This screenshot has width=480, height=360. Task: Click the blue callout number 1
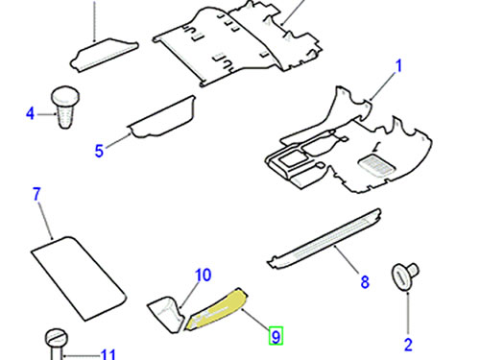398,67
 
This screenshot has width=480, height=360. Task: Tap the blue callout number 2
408,345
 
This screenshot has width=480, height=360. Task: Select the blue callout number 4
30,113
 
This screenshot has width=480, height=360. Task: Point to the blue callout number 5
99,151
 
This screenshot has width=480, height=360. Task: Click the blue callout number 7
37,194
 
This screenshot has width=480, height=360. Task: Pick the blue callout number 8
365,282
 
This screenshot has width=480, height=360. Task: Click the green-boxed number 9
276,336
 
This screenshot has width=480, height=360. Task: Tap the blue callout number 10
204,276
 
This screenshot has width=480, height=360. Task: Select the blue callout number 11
108,354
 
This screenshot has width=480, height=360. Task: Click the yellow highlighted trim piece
218,309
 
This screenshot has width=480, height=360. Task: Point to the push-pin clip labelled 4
65,108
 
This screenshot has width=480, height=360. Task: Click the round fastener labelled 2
405,276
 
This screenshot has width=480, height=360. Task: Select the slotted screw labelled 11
57,344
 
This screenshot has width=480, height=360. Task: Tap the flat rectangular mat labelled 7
79,278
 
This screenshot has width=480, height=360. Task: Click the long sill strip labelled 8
324,239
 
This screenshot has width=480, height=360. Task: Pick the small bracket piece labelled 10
166,315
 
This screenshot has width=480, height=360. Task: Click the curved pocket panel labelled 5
162,117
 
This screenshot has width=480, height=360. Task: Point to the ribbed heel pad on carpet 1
376,165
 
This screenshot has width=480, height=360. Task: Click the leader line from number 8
347,259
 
